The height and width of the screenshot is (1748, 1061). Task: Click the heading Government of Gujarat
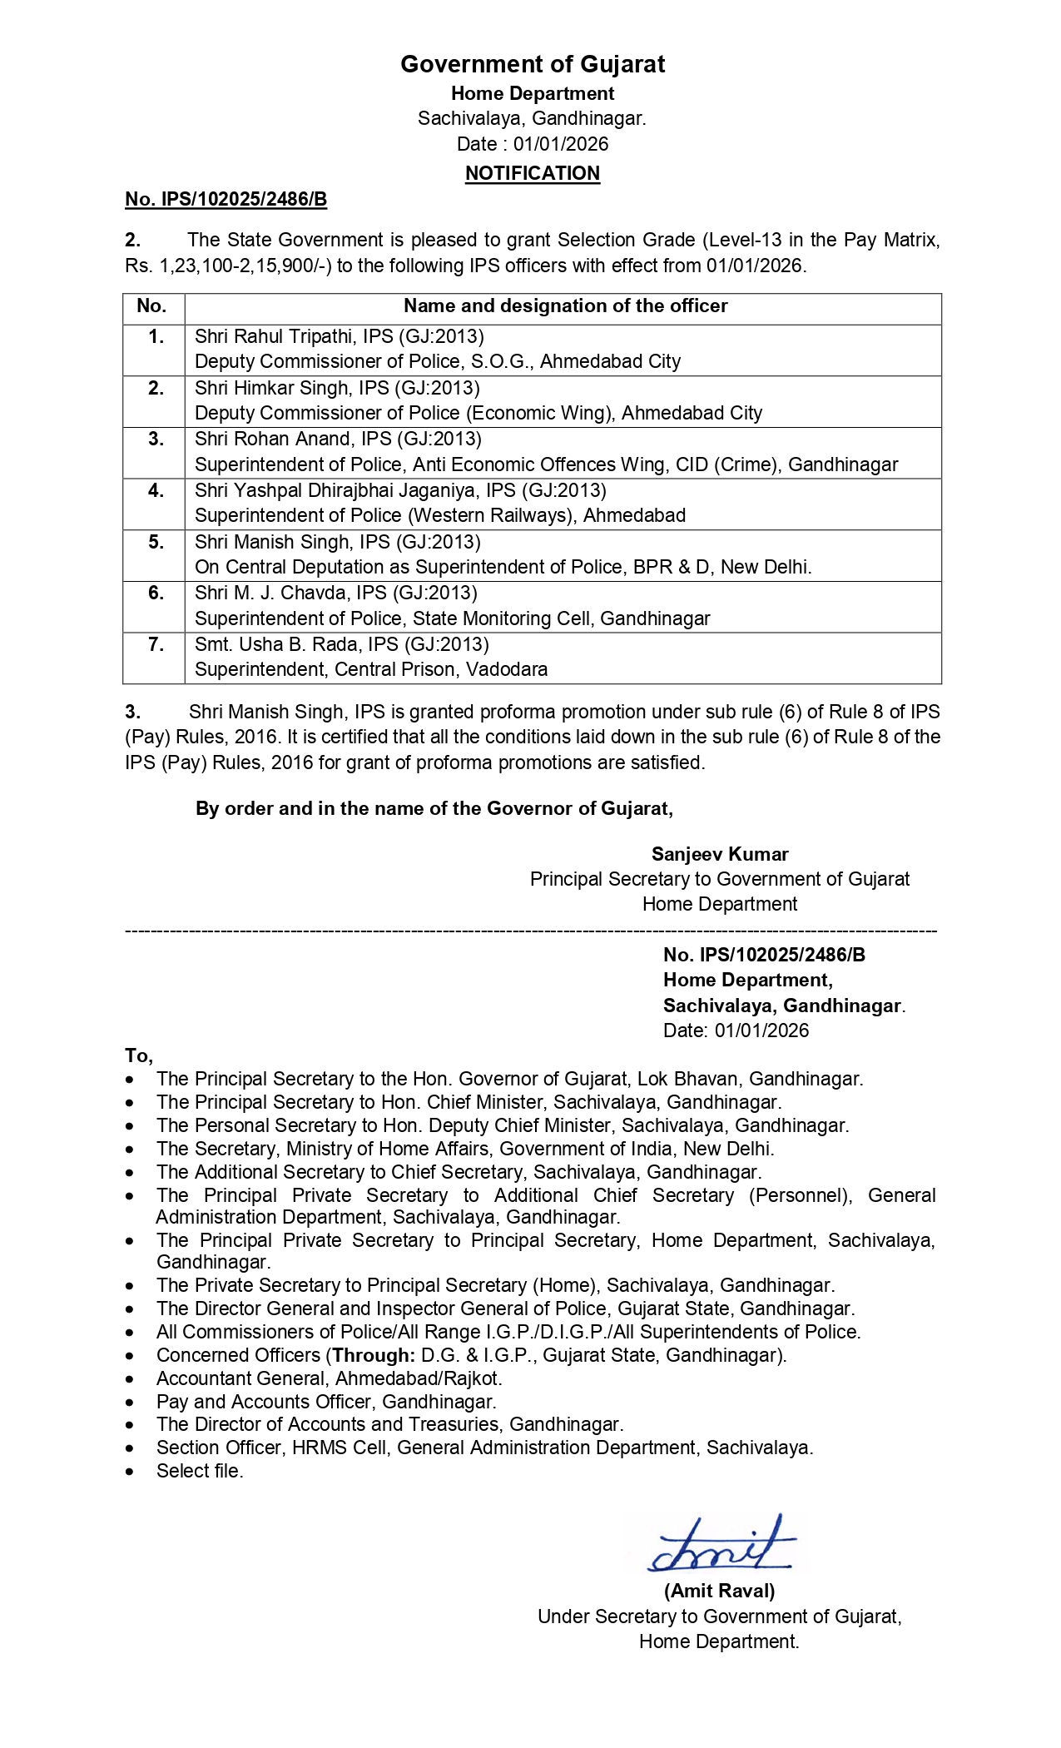(x=532, y=64)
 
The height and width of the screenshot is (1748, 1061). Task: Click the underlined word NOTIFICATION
(x=532, y=173)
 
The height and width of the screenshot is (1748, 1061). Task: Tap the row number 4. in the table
(x=156, y=490)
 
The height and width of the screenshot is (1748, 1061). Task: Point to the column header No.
(x=151, y=305)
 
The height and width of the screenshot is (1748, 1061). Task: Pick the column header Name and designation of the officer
(x=565, y=305)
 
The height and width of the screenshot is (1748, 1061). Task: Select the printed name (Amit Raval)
(x=719, y=1591)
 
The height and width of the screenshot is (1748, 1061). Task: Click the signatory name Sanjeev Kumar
(x=720, y=853)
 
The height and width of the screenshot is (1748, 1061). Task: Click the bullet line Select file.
(x=200, y=1471)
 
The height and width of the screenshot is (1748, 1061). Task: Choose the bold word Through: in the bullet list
(x=374, y=1354)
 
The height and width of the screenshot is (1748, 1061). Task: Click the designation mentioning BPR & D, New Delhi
(x=503, y=567)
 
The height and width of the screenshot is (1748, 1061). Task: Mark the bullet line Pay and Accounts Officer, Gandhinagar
(x=326, y=1401)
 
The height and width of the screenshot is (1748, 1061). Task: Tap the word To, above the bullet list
(x=139, y=1055)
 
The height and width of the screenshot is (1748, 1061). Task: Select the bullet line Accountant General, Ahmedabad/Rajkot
(x=329, y=1378)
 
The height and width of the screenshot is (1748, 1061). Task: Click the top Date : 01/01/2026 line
(x=532, y=144)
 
